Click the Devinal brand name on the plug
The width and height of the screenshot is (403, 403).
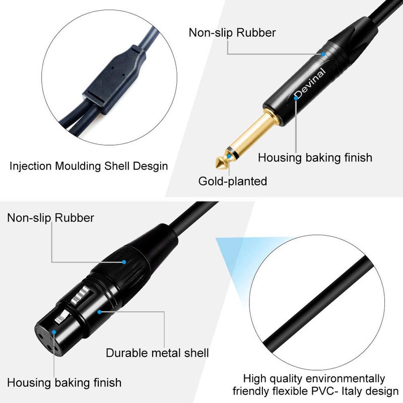point(311,83)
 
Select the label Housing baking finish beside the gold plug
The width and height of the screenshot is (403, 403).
point(315,158)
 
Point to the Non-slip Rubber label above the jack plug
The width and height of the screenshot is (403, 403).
point(232,33)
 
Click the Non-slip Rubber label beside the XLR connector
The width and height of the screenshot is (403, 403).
point(50,218)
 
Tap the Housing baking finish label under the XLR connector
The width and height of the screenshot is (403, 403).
point(64,382)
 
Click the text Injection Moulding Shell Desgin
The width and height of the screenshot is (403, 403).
point(89,166)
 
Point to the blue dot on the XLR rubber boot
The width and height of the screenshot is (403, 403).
point(123,262)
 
